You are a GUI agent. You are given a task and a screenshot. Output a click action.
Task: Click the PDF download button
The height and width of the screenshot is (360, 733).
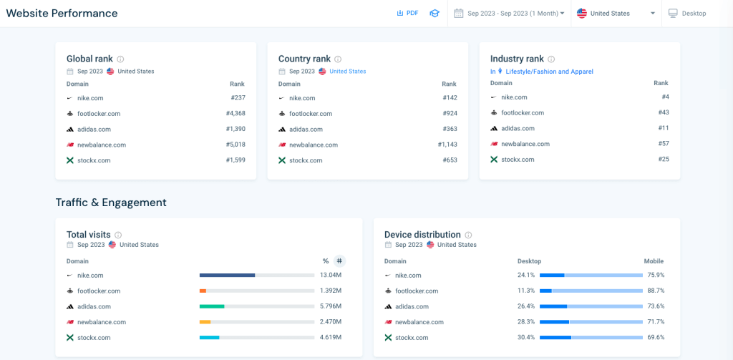(x=407, y=14)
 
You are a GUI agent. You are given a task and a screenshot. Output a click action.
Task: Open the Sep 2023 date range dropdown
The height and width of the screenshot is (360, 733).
(x=509, y=14)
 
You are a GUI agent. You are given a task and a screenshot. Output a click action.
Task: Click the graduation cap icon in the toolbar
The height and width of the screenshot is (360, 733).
(x=434, y=14)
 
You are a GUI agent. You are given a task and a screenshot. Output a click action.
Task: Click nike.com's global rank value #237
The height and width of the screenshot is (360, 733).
(x=238, y=98)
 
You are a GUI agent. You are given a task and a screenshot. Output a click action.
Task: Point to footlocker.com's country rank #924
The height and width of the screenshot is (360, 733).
(x=450, y=114)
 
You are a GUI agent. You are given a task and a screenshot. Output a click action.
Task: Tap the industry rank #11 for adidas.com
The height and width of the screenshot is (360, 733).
(x=664, y=128)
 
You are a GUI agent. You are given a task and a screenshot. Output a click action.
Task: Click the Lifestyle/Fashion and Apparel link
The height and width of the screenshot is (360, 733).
(x=549, y=72)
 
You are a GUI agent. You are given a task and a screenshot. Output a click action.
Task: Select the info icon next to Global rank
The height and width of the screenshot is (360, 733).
(x=120, y=59)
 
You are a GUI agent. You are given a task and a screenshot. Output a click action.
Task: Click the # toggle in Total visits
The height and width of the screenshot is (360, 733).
(x=339, y=261)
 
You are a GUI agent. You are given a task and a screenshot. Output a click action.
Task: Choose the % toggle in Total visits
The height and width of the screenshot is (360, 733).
(x=326, y=261)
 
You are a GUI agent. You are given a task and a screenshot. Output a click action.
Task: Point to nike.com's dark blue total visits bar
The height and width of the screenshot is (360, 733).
(x=227, y=275)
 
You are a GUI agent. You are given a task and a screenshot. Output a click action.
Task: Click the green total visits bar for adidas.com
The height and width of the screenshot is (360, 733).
(x=212, y=306)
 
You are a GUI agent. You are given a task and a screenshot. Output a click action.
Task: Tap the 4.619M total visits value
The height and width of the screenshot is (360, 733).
(x=330, y=337)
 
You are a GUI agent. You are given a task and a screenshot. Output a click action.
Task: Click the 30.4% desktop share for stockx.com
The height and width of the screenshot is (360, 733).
(x=525, y=337)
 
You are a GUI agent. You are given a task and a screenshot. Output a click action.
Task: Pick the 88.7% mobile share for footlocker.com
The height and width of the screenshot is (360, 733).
(x=656, y=291)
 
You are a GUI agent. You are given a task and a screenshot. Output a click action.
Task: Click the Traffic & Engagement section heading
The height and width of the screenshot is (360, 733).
(x=111, y=203)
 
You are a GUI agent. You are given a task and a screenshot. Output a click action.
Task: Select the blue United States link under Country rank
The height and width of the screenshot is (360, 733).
(x=347, y=72)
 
